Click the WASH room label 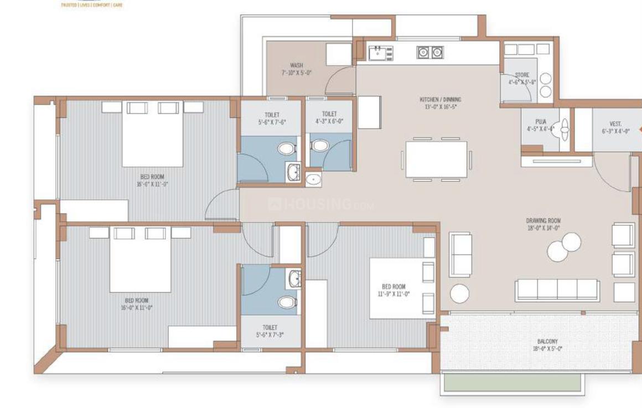point(296,65)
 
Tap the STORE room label point(522,75)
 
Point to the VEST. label point(615,124)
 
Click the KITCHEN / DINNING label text point(440,100)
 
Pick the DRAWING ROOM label point(543,220)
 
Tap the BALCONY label point(547,342)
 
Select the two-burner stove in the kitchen point(430,53)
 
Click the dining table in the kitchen point(436,160)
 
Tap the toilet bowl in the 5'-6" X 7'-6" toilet point(286,149)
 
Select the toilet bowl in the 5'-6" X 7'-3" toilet point(287,302)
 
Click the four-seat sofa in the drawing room point(557,290)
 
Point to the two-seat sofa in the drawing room point(460,255)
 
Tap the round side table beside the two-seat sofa point(459,293)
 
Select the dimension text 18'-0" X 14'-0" point(543,228)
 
